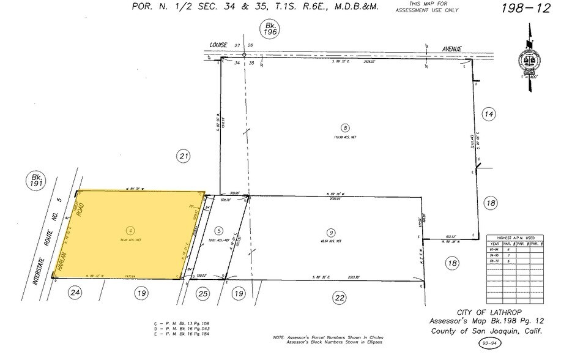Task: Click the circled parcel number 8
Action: tap(346, 128)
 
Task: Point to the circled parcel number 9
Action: tap(330, 232)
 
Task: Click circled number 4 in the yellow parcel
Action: tap(130, 230)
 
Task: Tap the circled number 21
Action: tap(184, 157)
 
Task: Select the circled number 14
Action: tap(488, 114)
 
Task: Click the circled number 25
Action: tap(204, 294)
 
